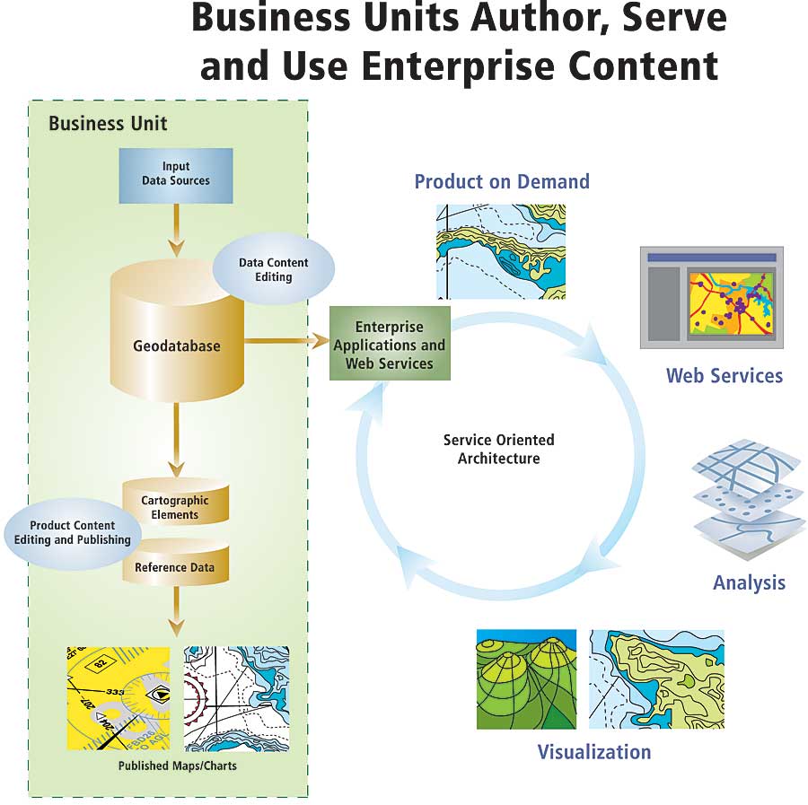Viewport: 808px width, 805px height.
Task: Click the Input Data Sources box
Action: click(176, 175)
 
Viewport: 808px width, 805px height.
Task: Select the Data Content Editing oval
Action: click(274, 268)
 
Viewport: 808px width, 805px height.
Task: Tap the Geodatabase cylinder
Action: click(177, 346)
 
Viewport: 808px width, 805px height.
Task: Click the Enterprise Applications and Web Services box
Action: click(390, 345)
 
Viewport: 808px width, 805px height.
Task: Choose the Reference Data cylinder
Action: click(175, 567)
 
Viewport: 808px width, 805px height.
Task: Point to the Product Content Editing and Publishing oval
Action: click(72, 533)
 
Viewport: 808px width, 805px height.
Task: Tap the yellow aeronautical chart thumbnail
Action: click(119, 698)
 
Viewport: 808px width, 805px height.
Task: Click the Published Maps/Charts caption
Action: click(178, 766)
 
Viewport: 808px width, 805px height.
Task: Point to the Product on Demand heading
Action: click(502, 181)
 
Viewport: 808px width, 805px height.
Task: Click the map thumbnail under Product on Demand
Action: click(501, 251)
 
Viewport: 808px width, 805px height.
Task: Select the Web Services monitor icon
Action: click(711, 297)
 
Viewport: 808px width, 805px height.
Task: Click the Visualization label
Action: click(593, 752)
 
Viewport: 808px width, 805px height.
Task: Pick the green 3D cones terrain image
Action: click(526, 678)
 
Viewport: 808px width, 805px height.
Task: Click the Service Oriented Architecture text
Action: click(498, 449)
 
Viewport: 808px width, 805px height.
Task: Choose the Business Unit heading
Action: click(108, 124)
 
